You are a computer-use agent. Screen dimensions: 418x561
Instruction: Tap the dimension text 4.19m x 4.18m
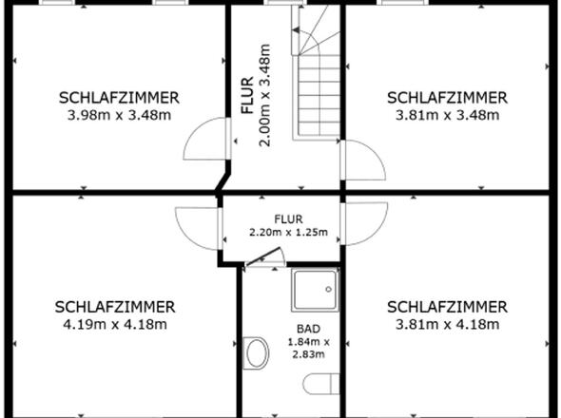coord(115,324)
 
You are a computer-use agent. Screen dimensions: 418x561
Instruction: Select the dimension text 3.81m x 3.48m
coord(447,116)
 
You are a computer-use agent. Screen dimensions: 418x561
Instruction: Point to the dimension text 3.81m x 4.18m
coord(447,324)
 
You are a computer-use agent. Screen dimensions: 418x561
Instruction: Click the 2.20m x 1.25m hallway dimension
coord(288,232)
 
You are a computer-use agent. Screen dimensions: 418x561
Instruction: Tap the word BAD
coord(295,329)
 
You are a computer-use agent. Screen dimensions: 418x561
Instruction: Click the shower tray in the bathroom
coord(315,291)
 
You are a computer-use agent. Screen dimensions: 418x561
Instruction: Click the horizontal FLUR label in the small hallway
coord(288,218)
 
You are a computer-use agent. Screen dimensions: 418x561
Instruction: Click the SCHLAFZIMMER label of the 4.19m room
coord(115,307)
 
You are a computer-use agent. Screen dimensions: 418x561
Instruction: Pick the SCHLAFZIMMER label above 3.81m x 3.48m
coord(447,98)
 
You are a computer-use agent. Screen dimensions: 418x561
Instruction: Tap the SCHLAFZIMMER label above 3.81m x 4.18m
coord(447,307)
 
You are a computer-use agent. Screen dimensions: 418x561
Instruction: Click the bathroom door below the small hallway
coord(263,257)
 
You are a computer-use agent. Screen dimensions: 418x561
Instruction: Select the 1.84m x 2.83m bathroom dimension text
coord(297,348)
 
